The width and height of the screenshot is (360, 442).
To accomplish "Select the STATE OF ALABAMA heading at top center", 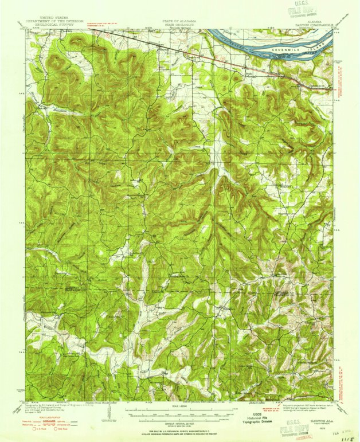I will pyautogui.click(x=179, y=20).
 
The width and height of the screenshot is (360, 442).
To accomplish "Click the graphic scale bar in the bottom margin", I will pyautogui.click(x=180, y=412).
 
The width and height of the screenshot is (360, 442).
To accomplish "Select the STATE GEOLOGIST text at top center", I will pyautogui.click(x=179, y=25).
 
